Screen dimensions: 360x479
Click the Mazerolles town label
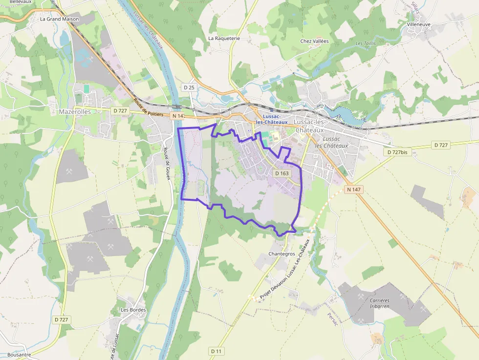[x=75, y=111]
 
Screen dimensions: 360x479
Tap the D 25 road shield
[x=189, y=87]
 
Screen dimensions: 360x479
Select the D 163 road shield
[x=282, y=173]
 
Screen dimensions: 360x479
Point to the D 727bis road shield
[x=397, y=152]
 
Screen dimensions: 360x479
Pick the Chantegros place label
[x=282, y=254]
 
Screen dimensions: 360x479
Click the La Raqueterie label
[x=224, y=38]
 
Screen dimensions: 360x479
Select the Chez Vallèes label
[x=314, y=42]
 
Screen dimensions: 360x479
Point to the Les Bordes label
[x=133, y=310]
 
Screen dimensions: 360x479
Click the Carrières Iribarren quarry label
[x=379, y=303]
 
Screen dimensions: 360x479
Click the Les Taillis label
[x=365, y=44]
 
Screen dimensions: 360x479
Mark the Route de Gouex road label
[x=167, y=164]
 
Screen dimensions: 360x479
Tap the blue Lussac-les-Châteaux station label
[x=272, y=119]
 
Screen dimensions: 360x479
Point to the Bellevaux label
[x=20, y=2]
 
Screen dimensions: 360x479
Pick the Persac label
[x=332, y=322]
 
